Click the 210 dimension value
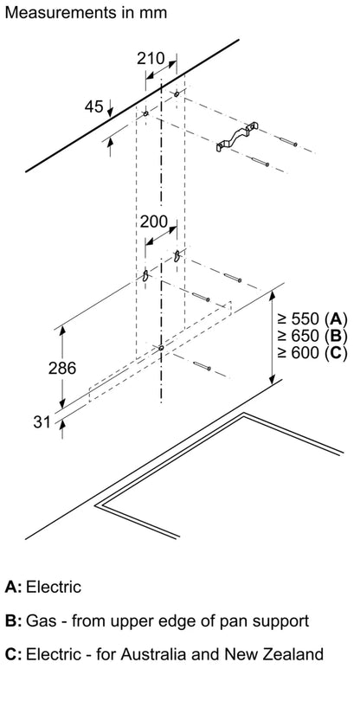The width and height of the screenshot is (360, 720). tap(151, 58)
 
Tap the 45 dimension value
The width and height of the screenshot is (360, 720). tap(93, 106)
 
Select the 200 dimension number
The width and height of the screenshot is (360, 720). tap(154, 222)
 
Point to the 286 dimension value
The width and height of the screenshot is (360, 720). tap(62, 368)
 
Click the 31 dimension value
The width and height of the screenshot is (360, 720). tap(42, 422)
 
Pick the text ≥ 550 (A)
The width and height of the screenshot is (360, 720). tap(312, 318)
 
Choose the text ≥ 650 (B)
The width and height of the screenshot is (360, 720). tap(312, 336)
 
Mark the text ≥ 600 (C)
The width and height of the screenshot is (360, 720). tap(312, 353)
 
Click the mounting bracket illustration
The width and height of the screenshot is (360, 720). tap(237, 137)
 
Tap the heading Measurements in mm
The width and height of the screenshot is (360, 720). tap(86, 12)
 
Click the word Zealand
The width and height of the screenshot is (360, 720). tap(294, 654)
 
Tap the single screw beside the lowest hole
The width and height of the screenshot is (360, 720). tap(202, 365)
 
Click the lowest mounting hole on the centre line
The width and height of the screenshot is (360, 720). tap(161, 348)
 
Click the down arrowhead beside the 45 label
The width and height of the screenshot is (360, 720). tap(110, 111)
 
